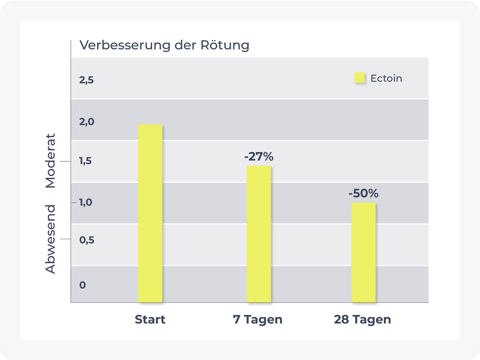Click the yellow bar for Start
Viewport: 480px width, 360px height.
pos(150,213)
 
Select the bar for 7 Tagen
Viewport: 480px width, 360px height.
pos(259,234)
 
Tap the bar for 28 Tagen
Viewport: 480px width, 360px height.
pos(363,252)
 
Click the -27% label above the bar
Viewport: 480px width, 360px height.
pos(259,156)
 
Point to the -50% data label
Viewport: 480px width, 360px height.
pos(363,193)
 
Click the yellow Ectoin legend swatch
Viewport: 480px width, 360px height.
pos(359,78)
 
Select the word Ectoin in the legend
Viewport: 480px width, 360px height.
pos(386,78)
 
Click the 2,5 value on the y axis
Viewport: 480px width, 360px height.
pos(86,80)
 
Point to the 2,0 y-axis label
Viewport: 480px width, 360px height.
pos(86,122)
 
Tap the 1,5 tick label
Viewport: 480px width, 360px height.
pos(85,161)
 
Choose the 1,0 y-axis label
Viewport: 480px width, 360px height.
pos(85,202)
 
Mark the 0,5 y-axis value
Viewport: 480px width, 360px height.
pos(87,240)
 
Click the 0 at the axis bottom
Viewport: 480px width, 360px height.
pos(83,285)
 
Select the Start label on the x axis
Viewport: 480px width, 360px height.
pos(150,319)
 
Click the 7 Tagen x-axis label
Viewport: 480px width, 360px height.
pos(258,319)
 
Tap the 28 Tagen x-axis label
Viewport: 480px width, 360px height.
pos(362,319)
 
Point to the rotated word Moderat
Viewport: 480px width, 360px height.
pos(50,161)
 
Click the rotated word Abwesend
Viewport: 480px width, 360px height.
pos(50,239)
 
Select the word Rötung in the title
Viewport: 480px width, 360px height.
pos(225,45)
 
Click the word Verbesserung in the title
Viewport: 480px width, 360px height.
pos(125,45)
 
